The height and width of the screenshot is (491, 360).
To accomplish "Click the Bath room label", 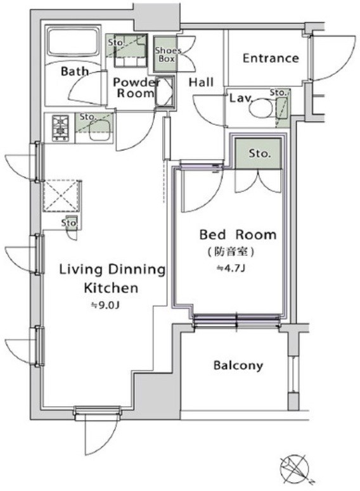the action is coord(75,71).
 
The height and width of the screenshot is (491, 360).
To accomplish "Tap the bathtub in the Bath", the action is coord(74,43).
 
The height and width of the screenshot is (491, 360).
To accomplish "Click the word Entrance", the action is coord(271,58).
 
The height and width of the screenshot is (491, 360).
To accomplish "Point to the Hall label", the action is coord(201,82).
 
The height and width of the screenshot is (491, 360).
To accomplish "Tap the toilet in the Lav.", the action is coord(262,108).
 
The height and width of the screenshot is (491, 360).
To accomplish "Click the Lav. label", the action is coord(241,98).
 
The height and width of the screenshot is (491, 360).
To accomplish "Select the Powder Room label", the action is coord(136,87).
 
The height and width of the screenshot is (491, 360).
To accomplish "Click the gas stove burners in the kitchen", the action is coord(60,129).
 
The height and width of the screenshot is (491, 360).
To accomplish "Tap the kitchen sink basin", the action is coord(100,131).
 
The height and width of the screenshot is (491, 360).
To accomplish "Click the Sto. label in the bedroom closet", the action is coord(259,153).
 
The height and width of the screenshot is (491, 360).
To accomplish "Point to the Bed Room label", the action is coord(238,234).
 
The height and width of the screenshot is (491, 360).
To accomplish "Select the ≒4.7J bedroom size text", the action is coord(231,268).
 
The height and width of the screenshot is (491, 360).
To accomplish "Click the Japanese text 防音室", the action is coord(231,252).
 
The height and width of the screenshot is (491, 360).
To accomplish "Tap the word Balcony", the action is coord(238,365).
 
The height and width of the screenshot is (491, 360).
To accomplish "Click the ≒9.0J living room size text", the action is coord(105,305).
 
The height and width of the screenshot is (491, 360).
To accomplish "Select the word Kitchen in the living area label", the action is coord(111,288).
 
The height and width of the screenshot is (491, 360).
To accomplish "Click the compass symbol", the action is coord(295,469).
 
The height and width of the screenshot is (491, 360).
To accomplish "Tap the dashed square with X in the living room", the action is coord(61,196).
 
